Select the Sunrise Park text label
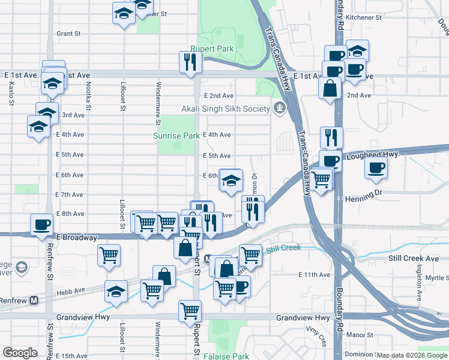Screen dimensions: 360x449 click(x=176, y=136)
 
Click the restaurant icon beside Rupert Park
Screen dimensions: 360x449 click(x=190, y=62)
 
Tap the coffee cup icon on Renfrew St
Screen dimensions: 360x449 click(x=41, y=224)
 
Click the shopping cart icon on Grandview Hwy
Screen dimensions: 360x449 click(x=190, y=311)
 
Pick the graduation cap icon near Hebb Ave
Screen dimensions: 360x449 click(x=115, y=291)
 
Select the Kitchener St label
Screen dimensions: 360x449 click(x=363, y=18)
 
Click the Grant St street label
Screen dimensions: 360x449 click(x=68, y=34)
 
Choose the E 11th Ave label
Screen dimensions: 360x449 click(x=315, y=274)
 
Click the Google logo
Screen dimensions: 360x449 click(x=20, y=353)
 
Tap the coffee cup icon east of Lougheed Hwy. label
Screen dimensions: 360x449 click(x=376, y=168)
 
